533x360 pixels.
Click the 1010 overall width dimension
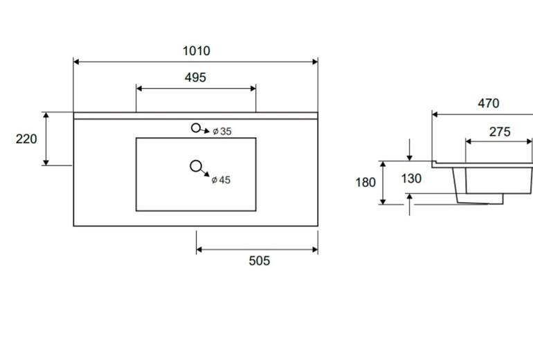(x=197, y=51)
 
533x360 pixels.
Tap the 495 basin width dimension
(x=195, y=78)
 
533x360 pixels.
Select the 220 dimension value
(x=26, y=138)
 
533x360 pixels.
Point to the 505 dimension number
(x=260, y=261)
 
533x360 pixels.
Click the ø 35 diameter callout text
(x=222, y=132)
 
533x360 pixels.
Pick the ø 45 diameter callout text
(x=221, y=180)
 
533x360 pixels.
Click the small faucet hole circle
(x=196, y=128)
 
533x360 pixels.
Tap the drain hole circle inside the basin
(x=196, y=166)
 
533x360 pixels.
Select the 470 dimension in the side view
(x=489, y=103)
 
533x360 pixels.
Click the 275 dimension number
(x=500, y=132)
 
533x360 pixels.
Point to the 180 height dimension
(x=365, y=183)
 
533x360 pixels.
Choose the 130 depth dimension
(x=411, y=179)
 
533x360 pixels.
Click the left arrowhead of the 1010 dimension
(x=76, y=62)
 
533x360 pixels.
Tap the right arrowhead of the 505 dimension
(x=315, y=249)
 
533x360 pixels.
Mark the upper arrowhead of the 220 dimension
(x=46, y=115)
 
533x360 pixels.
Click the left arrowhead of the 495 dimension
(x=139, y=89)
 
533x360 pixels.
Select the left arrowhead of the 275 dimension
(x=469, y=141)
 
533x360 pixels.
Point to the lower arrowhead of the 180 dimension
(x=383, y=201)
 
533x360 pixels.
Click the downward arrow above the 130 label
(x=410, y=150)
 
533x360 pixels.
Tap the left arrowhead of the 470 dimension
(x=435, y=115)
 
